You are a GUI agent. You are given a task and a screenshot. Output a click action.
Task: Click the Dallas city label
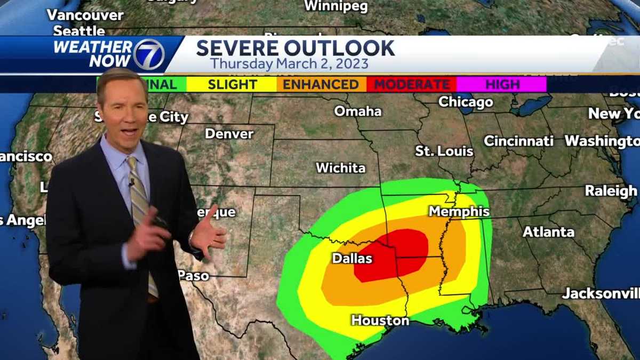(x=352, y=259)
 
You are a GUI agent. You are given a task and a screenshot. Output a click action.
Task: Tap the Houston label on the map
(x=380, y=321)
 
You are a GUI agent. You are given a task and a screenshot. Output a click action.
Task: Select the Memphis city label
(x=459, y=212)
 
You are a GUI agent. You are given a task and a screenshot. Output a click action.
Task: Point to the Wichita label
(x=340, y=168)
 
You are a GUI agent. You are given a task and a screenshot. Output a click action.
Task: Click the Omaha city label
(x=358, y=111)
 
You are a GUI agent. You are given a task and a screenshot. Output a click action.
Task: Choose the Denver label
(x=229, y=133)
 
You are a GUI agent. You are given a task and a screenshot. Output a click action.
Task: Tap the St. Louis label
(x=444, y=151)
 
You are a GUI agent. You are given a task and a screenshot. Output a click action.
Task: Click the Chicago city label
(x=466, y=102)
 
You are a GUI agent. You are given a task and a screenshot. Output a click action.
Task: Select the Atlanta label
(x=548, y=232)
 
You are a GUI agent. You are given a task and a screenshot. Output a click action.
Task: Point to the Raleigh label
(x=611, y=191)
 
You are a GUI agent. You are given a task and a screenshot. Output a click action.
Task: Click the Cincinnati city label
(x=518, y=141)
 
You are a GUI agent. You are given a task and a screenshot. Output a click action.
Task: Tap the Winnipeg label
(x=336, y=6)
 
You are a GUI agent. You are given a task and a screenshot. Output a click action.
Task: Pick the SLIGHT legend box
(x=232, y=84)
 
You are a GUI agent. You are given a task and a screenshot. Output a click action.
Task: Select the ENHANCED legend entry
(x=321, y=84)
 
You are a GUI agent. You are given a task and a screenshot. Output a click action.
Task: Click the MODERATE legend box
(x=411, y=84)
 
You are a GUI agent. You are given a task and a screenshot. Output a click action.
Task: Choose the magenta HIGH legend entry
(x=502, y=84)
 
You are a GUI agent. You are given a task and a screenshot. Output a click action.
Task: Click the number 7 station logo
(x=148, y=54)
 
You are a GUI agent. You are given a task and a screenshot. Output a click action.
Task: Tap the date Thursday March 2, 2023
(x=289, y=64)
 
